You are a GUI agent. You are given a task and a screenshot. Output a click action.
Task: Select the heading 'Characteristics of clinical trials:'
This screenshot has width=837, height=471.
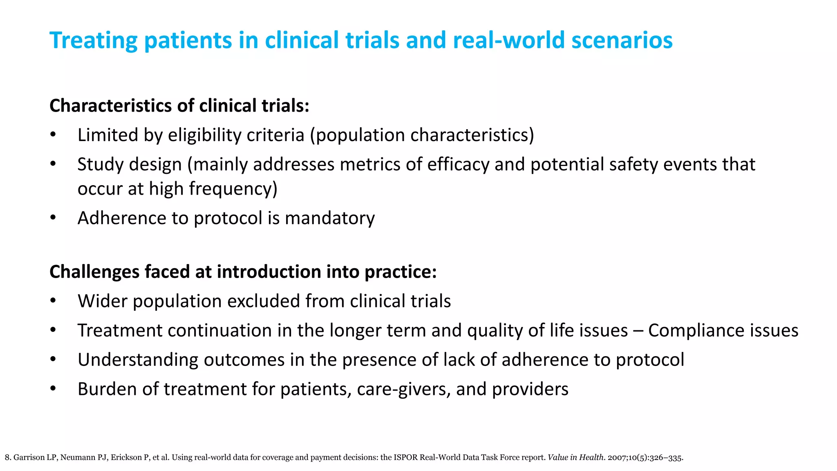click(x=179, y=105)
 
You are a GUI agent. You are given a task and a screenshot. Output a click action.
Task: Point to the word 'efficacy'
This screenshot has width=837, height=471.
click(x=458, y=164)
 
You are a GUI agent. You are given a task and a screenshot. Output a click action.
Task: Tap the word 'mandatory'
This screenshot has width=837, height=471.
click(x=329, y=218)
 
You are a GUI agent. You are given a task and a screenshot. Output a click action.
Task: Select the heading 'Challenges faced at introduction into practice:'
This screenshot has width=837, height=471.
click(x=243, y=272)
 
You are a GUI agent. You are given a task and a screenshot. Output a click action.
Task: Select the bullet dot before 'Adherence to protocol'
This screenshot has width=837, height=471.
click(x=53, y=218)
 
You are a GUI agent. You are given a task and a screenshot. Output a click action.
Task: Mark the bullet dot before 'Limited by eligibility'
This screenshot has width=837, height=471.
click(x=53, y=135)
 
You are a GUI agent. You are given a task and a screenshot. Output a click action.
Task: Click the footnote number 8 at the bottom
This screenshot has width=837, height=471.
click(x=7, y=458)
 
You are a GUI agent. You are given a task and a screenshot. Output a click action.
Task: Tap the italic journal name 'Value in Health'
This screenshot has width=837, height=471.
click(x=575, y=458)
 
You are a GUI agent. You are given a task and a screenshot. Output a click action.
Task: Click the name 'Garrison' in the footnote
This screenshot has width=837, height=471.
click(x=29, y=458)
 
